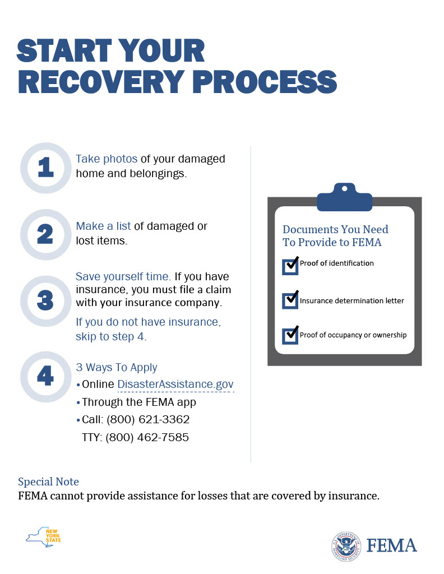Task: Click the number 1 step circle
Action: [x=46, y=168]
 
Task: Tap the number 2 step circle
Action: [x=46, y=235]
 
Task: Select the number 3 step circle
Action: [x=46, y=301]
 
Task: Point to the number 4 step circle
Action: [x=46, y=377]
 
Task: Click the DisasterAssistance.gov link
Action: [x=175, y=384]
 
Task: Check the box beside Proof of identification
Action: [x=290, y=266]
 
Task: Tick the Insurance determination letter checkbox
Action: [x=290, y=300]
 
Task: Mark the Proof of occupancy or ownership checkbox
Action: [x=290, y=335]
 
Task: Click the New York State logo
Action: [x=43, y=537]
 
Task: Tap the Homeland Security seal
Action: [x=346, y=546]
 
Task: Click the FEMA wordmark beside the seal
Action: [x=392, y=545]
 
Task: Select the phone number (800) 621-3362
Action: [x=148, y=419]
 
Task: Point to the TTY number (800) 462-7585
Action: [x=147, y=437]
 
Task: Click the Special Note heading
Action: [x=48, y=482]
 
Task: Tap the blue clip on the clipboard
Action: [x=344, y=197]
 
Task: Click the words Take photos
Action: [x=107, y=159]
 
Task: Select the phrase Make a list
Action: [x=103, y=226]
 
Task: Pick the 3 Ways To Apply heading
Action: [x=117, y=367]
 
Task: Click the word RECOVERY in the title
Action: [x=101, y=81]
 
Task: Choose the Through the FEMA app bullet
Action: [x=136, y=402]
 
